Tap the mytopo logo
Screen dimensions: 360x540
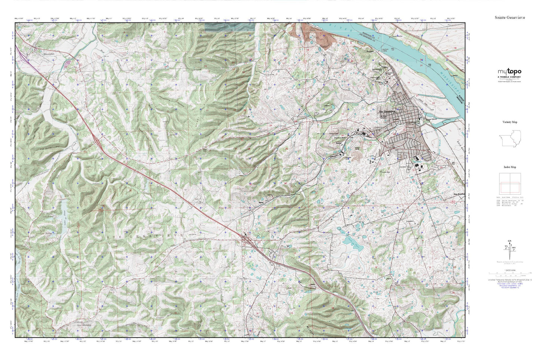point(509,73)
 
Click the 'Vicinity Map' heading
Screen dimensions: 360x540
point(509,122)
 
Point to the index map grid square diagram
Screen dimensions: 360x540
point(509,184)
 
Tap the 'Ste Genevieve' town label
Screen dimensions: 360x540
point(387,111)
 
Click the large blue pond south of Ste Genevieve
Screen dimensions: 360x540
point(351,243)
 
